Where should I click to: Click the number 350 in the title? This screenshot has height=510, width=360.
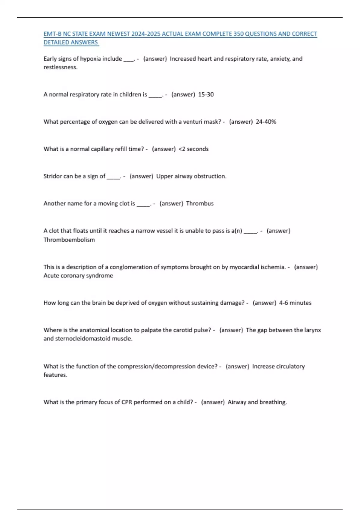coord(238,34)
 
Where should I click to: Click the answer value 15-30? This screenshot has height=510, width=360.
coord(206,94)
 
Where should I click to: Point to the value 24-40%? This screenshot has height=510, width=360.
coord(266,122)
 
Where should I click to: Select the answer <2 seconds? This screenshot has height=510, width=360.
coord(193,149)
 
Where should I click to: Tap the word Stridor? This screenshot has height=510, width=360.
coord(52,176)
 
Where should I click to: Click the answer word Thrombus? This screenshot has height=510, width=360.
coord(200,203)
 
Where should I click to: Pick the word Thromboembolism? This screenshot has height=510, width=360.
coord(69,240)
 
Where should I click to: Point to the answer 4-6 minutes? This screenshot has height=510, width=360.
coord(295,303)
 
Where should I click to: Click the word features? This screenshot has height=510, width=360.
coord(55,375)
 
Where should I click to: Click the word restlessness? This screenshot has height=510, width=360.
coord(60,67)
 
